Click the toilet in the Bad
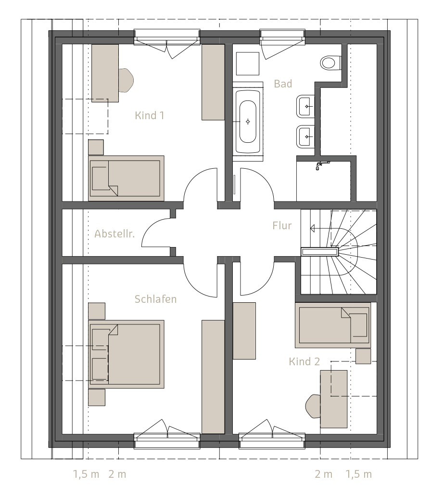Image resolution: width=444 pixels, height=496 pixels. tap(331, 62)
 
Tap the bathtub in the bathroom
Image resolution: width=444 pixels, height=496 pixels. tap(248, 122)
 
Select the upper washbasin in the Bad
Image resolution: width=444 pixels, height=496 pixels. tap(305, 106)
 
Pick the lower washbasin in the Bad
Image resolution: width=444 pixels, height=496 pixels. tap(305, 136)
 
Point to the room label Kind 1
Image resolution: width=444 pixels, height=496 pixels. tap(150, 115)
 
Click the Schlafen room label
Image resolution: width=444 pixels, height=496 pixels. tap(155, 299)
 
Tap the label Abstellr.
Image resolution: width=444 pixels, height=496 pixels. tap(114, 234)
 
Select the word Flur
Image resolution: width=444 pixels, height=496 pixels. tap(282, 225)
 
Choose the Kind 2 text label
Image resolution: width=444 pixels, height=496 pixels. tap(304, 361)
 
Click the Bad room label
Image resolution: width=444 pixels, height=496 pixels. tap(283, 84)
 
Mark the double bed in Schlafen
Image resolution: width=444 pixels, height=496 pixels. tap(126, 354)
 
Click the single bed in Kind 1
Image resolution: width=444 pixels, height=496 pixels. tap(126, 178)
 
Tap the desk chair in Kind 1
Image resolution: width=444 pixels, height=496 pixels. tap(126, 80)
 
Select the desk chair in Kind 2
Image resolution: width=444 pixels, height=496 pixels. tap(313, 406)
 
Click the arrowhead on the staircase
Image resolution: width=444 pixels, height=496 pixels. tap(312, 228)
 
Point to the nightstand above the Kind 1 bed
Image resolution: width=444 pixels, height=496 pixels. tap(96, 148)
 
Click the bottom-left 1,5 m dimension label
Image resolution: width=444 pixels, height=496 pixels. tap(86, 474)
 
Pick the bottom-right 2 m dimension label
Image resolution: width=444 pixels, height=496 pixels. tap(324, 474)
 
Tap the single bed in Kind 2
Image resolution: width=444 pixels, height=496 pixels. tap(333, 325)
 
